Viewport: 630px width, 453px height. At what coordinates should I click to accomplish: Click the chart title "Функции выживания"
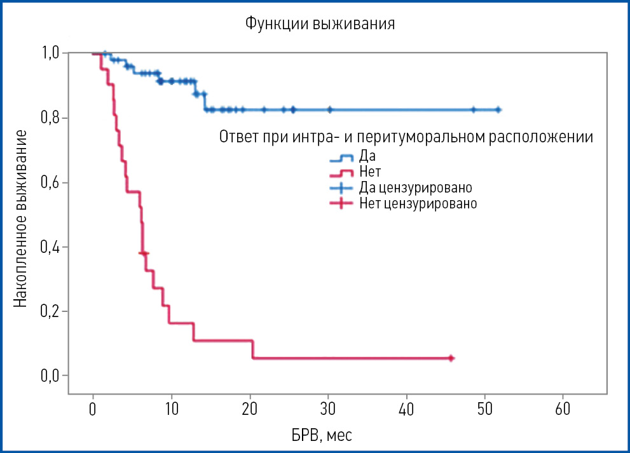tap(320, 25)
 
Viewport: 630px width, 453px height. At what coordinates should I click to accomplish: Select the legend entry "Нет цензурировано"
tap(418, 204)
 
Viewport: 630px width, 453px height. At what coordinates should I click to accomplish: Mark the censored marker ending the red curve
tap(450, 358)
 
